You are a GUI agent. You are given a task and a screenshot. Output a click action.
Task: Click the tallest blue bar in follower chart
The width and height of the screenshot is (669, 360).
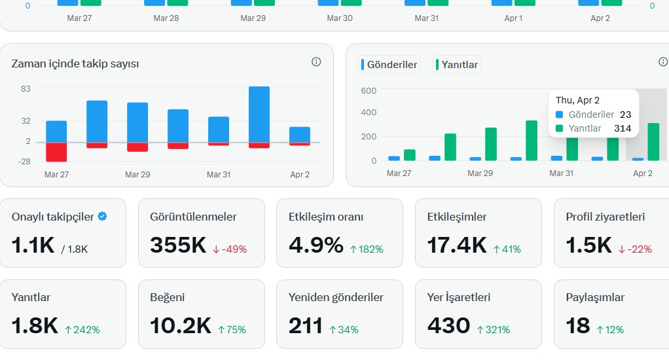coord(259,114)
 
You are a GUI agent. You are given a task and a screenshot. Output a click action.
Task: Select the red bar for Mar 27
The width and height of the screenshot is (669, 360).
coord(56,152)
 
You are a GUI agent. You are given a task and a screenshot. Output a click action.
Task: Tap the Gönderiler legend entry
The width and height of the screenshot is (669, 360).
coord(391,65)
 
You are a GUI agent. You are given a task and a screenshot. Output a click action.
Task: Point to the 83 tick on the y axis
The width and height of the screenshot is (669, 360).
coord(26,88)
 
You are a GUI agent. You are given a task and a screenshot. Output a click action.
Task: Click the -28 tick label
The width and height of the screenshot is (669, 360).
coord(24,162)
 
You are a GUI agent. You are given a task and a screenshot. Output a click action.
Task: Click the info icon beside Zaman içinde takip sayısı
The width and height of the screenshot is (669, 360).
coord(316,62)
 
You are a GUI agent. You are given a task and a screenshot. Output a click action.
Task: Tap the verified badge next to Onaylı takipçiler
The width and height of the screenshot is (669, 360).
coord(102,217)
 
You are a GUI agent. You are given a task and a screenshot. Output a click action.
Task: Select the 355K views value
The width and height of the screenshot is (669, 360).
coord(178,245)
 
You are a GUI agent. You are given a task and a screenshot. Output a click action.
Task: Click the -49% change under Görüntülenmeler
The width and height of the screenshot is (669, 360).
coord(230,249)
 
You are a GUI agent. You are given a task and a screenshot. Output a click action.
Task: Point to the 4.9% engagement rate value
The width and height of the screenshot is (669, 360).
coord(316,245)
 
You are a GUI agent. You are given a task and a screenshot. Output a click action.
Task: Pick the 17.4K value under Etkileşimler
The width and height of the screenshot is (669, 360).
coord(457,245)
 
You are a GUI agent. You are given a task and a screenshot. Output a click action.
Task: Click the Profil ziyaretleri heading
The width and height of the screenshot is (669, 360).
coord(606,217)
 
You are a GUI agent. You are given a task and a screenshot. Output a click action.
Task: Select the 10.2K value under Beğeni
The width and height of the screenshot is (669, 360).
coord(181,325)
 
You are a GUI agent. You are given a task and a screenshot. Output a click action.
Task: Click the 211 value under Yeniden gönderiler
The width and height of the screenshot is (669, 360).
coord(306,325)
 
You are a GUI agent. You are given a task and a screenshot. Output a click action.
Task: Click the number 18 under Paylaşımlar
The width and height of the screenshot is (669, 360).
coord(578,325)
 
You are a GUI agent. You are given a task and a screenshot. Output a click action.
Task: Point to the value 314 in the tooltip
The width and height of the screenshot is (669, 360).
coord(622,128)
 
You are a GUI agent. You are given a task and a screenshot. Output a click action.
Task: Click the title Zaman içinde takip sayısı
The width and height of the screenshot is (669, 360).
coord(75,63)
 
